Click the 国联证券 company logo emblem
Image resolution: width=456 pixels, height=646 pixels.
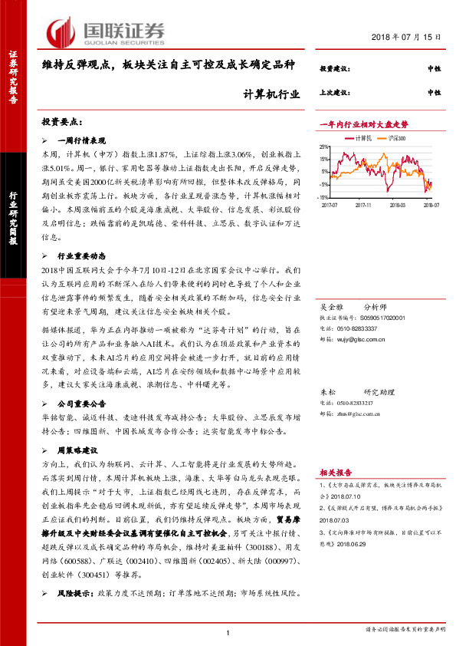pos(61,31)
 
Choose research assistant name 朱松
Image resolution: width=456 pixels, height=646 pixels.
pos(328,391)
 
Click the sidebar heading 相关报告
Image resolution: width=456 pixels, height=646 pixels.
pos(334,473)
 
